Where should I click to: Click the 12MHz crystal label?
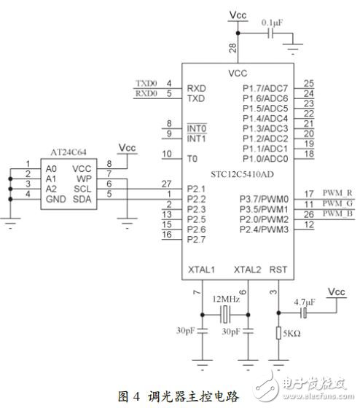(x=226, y=299)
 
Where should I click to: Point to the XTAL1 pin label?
(x=201, y=270)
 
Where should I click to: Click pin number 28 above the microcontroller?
(x=232, y=48)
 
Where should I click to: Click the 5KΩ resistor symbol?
(x=279, y=334)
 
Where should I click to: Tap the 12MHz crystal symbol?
(x=227, y=314)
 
